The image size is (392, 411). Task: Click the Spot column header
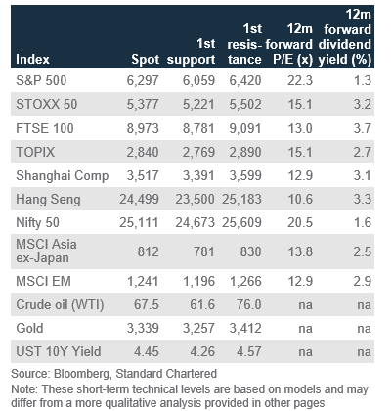(x=146, y=59)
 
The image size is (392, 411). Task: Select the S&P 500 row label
(x=41, y=80)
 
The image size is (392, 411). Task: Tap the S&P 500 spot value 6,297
(x=143, y=80)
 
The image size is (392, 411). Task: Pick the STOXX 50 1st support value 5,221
(x=198, y=104)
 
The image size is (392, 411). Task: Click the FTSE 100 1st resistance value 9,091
(x=245, y=128)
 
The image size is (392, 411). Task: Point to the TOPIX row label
(x=35, y=152)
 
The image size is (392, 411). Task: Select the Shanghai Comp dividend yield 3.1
(x=363, y=175)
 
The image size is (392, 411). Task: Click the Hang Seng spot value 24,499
(x=139, y=199)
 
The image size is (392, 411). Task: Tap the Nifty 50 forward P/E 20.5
(x=300, y=222)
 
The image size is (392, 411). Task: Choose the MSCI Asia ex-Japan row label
(x=46, y=251)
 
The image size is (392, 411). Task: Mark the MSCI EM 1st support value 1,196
(x=198, y=281)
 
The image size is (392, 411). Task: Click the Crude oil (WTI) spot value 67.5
(x=147, y=304)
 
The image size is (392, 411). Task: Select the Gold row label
(x=29, y=328)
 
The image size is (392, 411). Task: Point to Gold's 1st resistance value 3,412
(x=245, y=328)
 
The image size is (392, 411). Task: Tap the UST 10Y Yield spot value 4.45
(x=147, y=351)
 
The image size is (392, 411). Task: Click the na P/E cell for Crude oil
(x=306, y=305)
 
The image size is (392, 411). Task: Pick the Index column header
(x=32, y=59)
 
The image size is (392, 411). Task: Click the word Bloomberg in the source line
(x=81, y=374)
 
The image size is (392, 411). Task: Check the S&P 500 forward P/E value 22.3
(x=300, y=80)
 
